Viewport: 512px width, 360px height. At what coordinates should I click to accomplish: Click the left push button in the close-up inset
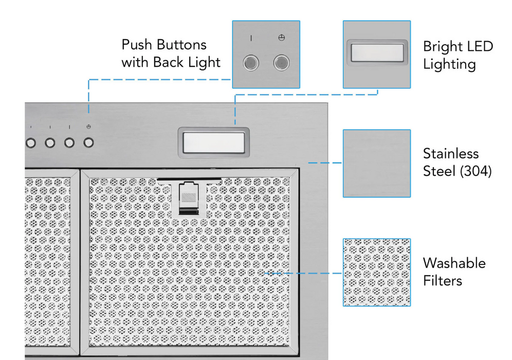point(251,63)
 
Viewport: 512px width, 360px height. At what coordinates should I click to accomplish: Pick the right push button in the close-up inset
point(281,63)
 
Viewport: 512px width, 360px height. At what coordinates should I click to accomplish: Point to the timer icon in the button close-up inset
point(281,38)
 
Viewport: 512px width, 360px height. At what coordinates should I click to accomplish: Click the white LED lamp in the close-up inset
point(377,52)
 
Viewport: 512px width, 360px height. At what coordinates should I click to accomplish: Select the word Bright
point(442,46)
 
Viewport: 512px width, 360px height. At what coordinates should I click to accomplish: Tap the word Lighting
point(449,64)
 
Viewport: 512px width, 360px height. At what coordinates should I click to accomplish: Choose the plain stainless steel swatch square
point(377,163)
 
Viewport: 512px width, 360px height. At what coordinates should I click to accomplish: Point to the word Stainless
point(450,153)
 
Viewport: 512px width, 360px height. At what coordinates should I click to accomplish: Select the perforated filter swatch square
point(377,272)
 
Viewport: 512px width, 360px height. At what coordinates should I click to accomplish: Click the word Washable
point(454,263)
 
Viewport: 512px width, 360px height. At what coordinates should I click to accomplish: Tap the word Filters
point(442,281)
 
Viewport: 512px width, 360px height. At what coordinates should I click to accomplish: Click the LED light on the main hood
point(213,141)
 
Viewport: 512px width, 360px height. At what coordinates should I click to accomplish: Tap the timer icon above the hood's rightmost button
point(89,127)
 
